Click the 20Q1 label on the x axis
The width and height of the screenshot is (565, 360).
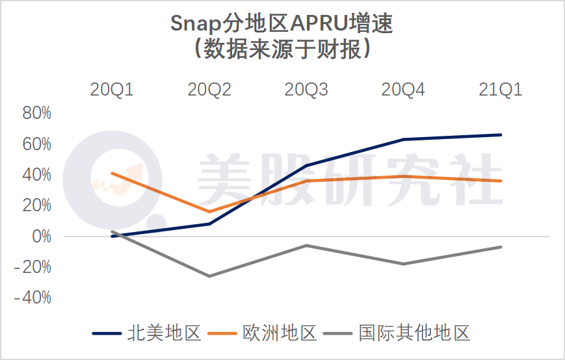click(112, 90)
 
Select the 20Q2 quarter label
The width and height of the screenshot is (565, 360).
click(209, 90)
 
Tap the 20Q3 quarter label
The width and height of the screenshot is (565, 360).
click(306, 90)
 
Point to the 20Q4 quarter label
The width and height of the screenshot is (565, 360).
click(404, 90)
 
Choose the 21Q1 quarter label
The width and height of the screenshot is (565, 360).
click(501, 90)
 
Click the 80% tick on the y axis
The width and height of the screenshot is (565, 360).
click(36, 113)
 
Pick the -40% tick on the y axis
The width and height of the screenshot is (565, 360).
click(33, 298)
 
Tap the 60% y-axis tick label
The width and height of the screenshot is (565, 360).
click(36, 144)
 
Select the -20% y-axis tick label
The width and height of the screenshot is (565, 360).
click(33, 267)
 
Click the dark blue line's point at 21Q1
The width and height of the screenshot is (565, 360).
click(501, 135)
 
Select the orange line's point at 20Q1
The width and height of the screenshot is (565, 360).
click(112, 174)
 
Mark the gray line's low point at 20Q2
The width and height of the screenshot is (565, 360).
click(209, 276)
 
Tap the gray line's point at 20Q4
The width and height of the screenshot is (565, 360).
click(404, 264)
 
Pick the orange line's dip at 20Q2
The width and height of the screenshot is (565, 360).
click(209, 211)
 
